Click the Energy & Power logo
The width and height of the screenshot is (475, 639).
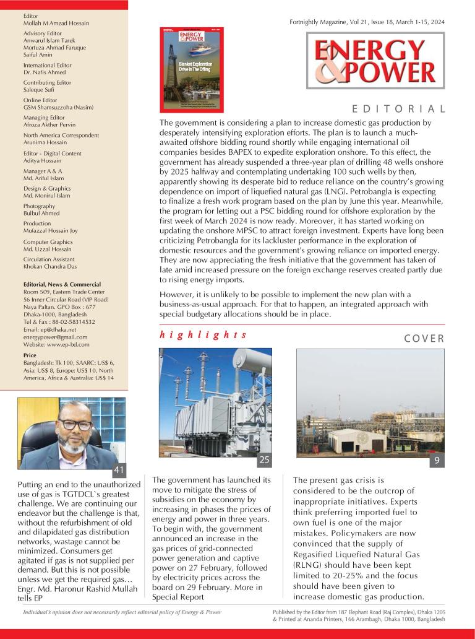(375, 61)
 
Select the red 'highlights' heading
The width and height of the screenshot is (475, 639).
(203, 334)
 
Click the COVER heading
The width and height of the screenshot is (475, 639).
(424, 338)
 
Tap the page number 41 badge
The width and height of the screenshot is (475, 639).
(119, 469)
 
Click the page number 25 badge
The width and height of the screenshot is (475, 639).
(264, 459)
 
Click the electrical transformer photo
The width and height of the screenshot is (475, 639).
(215, 401)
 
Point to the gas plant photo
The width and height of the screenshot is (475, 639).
(370, 401)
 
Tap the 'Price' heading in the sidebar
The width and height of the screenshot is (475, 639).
(30, 355)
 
